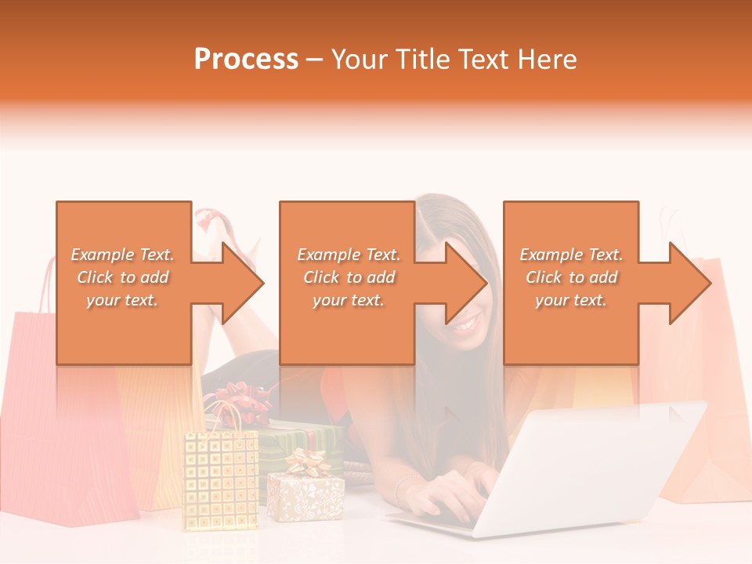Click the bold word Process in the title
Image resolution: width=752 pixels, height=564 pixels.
coord(246,60)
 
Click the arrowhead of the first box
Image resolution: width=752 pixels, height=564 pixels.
coord(243,283)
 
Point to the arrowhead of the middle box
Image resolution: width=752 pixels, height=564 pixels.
coord(466,283)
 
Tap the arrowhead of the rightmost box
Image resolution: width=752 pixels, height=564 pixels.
coord(689,283)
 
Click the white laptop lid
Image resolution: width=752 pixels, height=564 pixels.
coord(595,462)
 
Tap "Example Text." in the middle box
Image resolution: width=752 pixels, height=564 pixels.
coord(349,255)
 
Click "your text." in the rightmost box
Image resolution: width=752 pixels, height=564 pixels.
coord(570,300)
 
